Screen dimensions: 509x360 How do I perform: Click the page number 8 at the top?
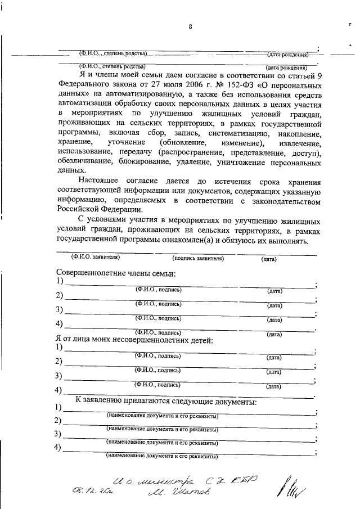click(x=191, y=26)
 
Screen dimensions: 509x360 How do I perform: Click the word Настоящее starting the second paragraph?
click(x=105, y=182)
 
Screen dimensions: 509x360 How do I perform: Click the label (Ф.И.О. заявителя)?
click(x=95, y=258)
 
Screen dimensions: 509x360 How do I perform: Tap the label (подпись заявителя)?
click(x=198, y=258)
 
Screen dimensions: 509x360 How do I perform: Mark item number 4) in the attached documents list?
click(x=57, y=447)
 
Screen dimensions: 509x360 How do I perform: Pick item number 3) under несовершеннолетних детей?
click(x=59, y=376)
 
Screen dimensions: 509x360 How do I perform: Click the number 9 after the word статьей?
click(x=320, y=74)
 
